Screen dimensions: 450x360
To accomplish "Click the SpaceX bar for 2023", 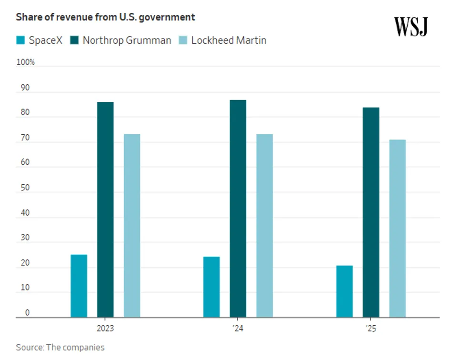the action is pyautogui.click(x=79, y=286).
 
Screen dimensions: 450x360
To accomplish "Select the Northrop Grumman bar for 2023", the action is pyautogui.click(x=105, y=210).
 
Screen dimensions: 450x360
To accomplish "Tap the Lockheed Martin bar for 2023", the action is pyautogui.click(x=132, y=226).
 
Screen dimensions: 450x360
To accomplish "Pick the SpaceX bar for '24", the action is pyautogui.click(x=211, y=287).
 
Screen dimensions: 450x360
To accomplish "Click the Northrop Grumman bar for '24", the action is pyautogui.click(x=238, y=209).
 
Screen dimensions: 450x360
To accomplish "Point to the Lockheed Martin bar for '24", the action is pyautogui.click(x=265, y=226).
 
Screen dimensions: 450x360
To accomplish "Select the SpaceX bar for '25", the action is pyautogui.click(x=344, y=291).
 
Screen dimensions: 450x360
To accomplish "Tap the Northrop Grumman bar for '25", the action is pyautogui.click(x=371, y=212).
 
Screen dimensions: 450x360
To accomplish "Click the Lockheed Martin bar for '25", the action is pyautogui.click(x=398, y=229).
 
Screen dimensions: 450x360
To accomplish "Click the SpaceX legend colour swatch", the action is pyautogui.click(x=20, y=40).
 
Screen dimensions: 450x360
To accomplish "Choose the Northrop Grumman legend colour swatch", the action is pyautogui.click(x=74, y=40).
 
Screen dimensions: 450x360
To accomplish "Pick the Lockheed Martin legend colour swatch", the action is pyautogui.click(x=183, y=40).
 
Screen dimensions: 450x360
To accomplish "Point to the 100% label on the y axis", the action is pyautogui.click(x=26, y=62).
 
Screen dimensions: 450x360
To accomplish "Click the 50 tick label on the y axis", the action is pyautogui.click(x=25, y=188).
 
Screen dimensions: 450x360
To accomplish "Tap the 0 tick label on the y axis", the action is pyautogui.click(x=27, y=313).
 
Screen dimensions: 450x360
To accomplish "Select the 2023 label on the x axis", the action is pyautogui.click(x=105, y=329).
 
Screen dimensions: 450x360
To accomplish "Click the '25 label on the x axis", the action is pyautogui.click(x=371, y=329).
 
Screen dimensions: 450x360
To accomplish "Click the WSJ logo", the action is pyautogui.click(x=411, y=26).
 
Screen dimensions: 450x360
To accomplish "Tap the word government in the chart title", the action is pyautogui.click(x=167, y=17).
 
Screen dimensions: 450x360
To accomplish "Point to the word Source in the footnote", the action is pyautogui.click(x=29, y=347).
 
